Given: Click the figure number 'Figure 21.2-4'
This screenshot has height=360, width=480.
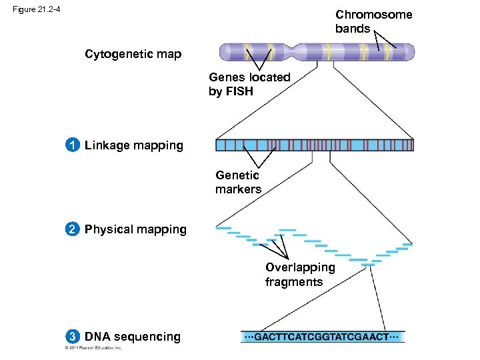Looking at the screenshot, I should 39,9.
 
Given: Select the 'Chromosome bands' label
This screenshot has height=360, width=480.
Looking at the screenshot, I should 373,21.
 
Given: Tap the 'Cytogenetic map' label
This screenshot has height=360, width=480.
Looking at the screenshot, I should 133,54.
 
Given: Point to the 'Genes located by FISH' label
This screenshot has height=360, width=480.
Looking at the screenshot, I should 249,85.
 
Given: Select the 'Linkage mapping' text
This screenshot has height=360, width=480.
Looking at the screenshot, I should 133,145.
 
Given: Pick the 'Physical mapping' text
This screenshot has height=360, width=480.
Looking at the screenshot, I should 135,229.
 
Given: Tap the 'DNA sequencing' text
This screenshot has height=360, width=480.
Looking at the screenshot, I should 132,337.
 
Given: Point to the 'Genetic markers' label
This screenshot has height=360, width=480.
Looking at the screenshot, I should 238,182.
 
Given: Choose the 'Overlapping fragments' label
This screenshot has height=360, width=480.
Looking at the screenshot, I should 300,275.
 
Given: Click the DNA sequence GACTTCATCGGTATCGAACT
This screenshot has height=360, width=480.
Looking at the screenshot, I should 323,337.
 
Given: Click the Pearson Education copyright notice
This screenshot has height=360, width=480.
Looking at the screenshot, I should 93,348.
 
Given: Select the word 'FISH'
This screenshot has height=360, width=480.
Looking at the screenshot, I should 239,92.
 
